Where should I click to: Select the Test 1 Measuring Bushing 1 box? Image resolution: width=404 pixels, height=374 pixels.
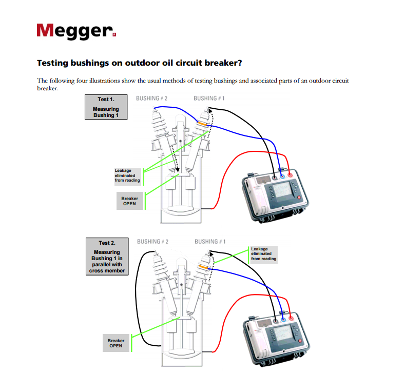(x=106, y=107)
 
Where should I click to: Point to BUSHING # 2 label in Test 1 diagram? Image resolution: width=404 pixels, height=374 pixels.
(x=152, y=98)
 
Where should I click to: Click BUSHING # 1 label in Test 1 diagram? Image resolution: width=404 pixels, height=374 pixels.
(x=209, y=98)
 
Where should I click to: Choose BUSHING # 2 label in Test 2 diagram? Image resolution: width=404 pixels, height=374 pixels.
(x=153, y=241)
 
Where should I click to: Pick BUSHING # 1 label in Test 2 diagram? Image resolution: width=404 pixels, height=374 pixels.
(x=210, y=241)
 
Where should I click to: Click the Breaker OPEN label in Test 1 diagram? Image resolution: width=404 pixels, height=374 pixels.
(x=129, y=201)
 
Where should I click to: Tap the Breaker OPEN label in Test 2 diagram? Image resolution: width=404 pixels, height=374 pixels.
(x=116, y=343)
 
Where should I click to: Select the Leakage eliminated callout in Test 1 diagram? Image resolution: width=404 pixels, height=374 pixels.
(x=127, y=175)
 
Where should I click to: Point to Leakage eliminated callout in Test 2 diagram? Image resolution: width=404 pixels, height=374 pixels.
(x=264, y=254)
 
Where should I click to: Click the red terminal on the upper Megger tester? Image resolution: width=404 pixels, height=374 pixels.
(x=290, y=175)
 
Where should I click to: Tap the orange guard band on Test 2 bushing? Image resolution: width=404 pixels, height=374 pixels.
(x=203, y=267)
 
